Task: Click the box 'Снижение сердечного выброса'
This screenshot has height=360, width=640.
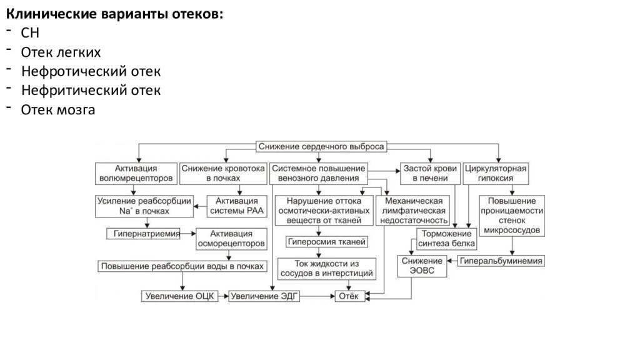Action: coord(321,146)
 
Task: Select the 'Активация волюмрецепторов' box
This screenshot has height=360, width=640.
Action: coord(136,174)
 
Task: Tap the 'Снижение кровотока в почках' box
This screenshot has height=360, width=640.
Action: coord(223,174)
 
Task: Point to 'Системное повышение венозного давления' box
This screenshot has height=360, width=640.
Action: coord(318,174)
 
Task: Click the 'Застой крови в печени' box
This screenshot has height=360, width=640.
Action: coord(430,174)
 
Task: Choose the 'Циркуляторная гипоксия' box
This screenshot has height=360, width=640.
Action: coord(496,174)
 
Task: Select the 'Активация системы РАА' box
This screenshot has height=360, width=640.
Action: coord(237,206)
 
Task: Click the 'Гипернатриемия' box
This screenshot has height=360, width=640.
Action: coord(143,234)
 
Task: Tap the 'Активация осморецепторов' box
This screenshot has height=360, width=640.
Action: coord(231,239)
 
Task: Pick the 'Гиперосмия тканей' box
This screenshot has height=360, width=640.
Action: coord(326,242)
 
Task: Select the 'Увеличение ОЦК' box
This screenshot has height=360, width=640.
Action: coord(179,296)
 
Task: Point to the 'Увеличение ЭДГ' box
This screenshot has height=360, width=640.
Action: coord(264,296)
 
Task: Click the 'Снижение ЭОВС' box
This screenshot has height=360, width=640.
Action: coord(422,266)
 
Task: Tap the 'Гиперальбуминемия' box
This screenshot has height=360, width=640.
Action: coord(501,261)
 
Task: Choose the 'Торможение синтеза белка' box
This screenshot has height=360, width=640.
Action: coord(446,239)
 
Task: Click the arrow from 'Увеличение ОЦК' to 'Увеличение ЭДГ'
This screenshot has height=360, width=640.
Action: coord(223,296)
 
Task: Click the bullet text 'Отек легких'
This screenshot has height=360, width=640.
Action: coord(61,52)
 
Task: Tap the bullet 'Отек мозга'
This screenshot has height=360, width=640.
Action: coord(58,110)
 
